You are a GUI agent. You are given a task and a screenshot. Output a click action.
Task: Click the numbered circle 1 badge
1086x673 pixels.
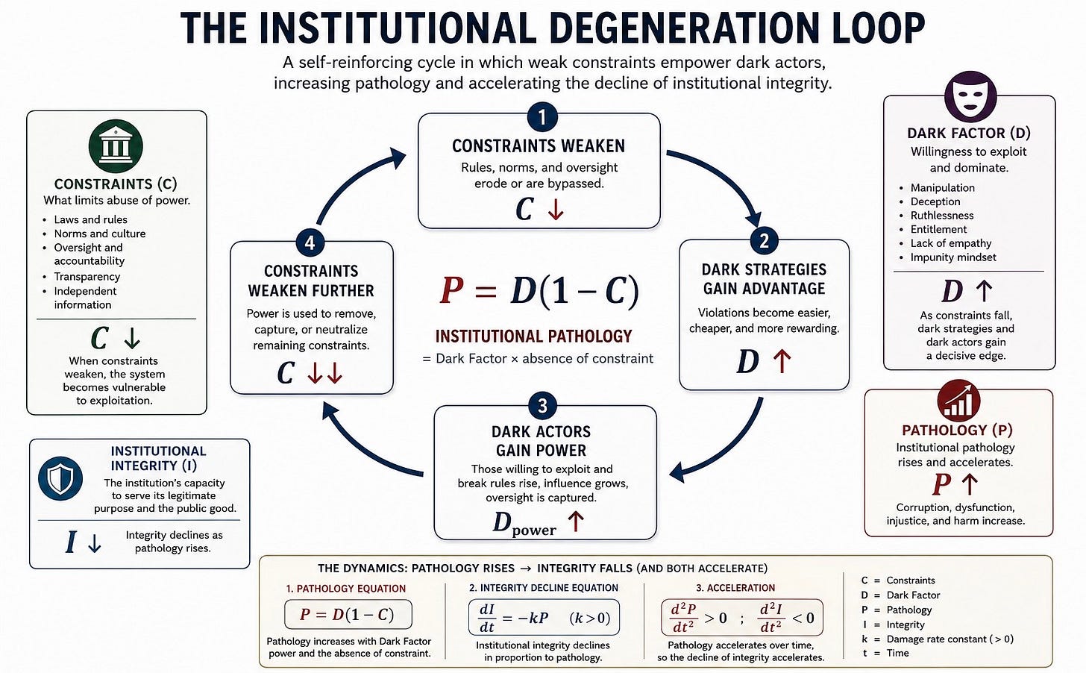click(542, 117)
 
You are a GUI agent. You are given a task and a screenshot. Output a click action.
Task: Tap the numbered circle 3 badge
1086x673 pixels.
click(542, 405)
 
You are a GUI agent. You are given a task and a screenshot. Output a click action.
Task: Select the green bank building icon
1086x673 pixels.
click(116, 146)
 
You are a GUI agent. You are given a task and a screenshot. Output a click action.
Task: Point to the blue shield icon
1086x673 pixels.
click(60, 478)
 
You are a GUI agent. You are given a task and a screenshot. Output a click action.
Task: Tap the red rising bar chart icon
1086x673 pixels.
click(958, 401)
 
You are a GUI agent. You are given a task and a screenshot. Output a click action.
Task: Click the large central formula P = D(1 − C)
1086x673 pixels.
click(539, 292)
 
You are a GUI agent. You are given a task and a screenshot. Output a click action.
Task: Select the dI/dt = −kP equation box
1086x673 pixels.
click(544, 617)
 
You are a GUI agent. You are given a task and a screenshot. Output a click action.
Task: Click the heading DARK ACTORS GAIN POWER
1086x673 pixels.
click(541, 441)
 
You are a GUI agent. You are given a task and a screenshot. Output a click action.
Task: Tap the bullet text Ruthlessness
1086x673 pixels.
click(941, 216)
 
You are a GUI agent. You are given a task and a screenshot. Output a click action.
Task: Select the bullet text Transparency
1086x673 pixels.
click(87, 276)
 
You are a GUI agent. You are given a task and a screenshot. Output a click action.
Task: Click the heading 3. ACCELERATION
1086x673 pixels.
click(736, 588)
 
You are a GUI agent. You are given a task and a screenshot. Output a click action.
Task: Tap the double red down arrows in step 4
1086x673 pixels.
click(325, 373)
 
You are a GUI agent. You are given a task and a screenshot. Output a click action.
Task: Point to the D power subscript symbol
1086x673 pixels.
click(524, 524)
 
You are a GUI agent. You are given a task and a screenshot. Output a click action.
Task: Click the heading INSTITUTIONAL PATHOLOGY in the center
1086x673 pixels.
click(533, 336)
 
